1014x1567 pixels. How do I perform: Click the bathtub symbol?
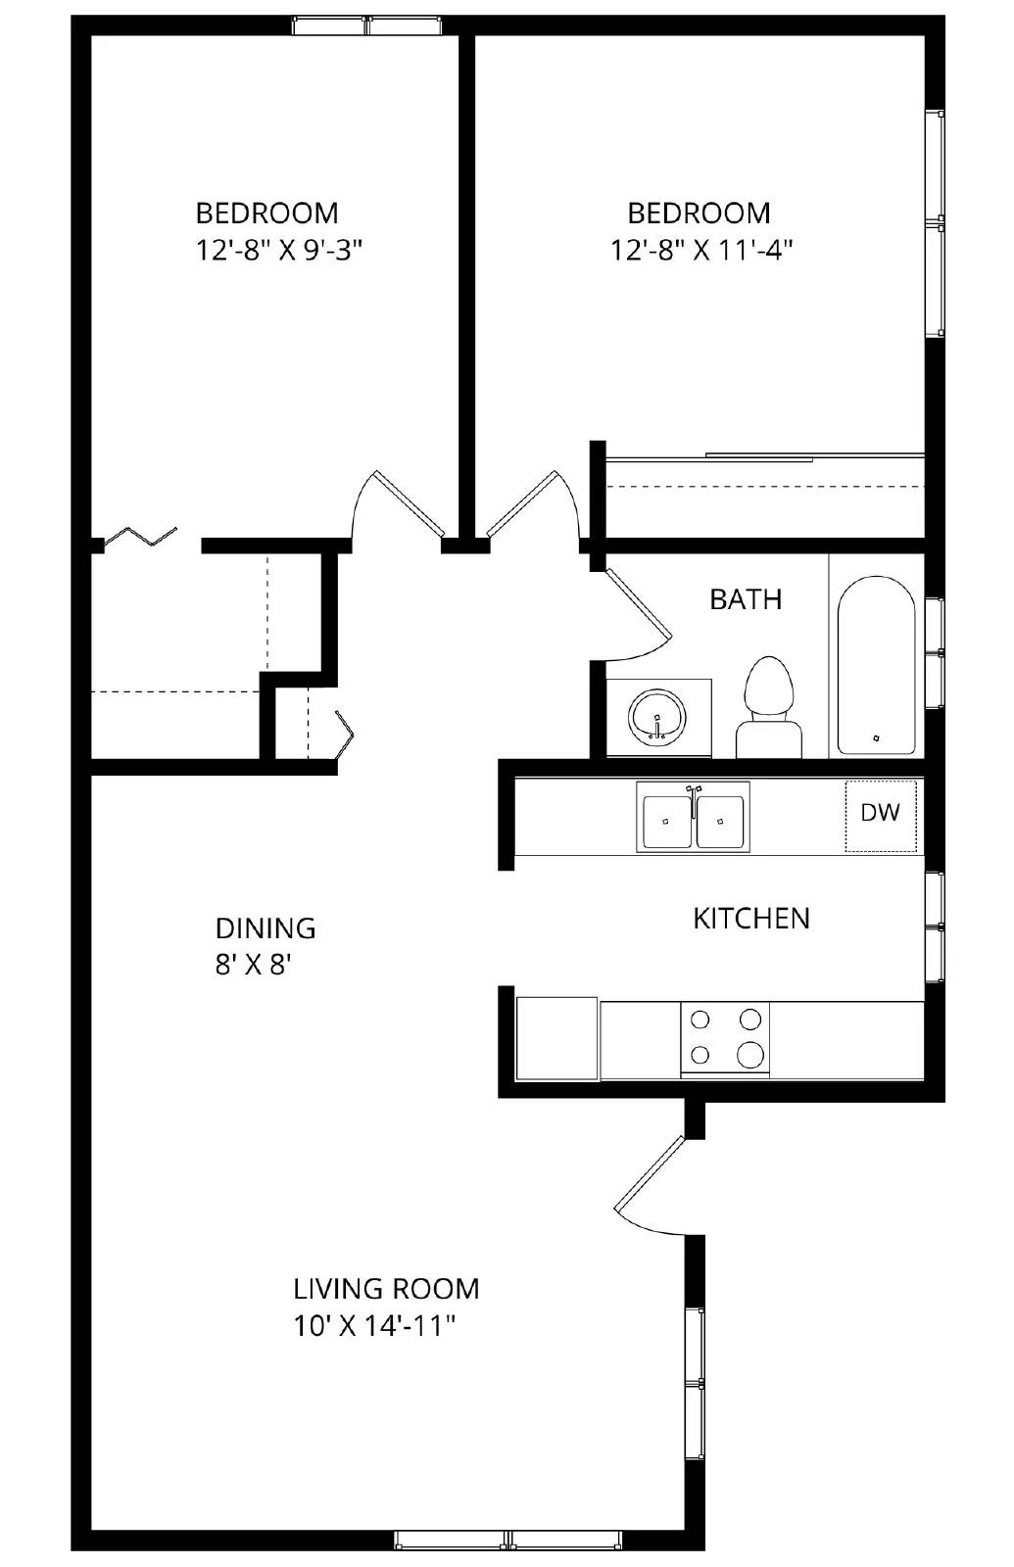(x=876, y=664)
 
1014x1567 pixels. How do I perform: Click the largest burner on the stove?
(x=750, y=1054)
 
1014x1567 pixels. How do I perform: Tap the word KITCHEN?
(x=751, y=919)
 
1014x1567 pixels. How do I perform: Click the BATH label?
(x=746, y=599)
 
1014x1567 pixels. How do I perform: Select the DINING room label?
(x=266, y=927)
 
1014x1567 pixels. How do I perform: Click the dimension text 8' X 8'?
(x=254, y=966)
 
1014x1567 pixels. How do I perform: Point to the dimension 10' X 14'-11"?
(x=375, y=1326)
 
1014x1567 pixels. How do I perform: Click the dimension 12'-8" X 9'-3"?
(x=279, y=251)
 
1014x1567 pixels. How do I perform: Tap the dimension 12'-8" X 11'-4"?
(x=700, y=251)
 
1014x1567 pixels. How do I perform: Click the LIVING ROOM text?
(x=386, y=1288)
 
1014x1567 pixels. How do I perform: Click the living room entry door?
(x=649, y=1185)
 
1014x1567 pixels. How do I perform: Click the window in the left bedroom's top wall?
(x=367, y=26)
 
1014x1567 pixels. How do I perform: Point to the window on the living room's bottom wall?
(x=509, y=1540)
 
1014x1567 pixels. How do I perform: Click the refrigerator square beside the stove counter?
(x=555, y=1038)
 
